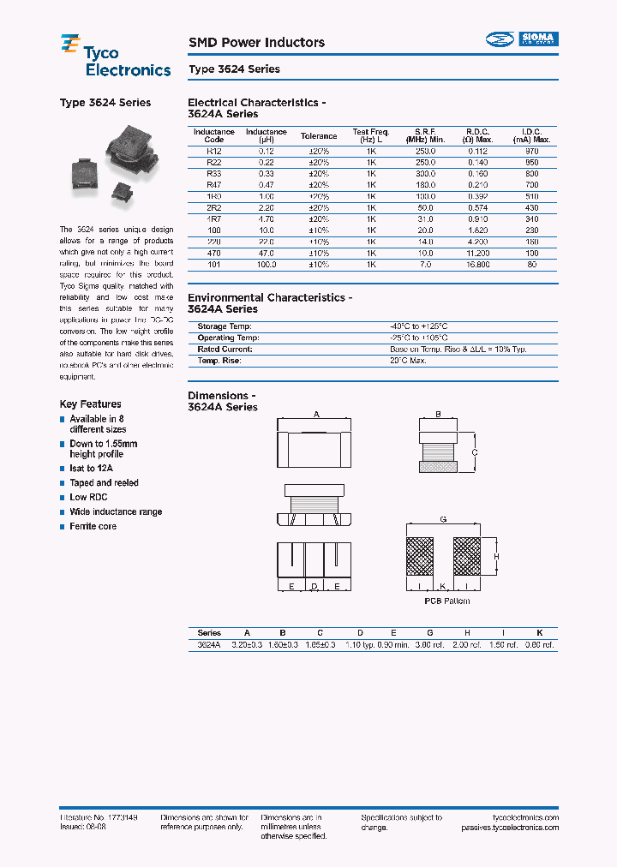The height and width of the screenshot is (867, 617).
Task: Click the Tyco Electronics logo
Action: click(x=115, y=56)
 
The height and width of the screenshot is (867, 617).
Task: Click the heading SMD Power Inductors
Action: click(x=256, y=42)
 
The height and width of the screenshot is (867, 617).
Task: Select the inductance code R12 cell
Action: click(x=213, y=150)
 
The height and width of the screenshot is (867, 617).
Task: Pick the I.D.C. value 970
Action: click(x=531, y=150)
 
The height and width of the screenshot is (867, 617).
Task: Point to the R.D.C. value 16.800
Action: click(x=477, y=265)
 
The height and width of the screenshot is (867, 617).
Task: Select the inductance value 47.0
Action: click(x=261, y=254)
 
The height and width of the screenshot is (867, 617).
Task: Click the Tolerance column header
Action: click(x=319, y=136)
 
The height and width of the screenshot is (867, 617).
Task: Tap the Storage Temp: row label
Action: click(x=225, y=327)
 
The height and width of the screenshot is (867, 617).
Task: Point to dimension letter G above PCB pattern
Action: click(x=442, y=520)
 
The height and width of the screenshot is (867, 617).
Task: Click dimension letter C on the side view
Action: click(x=475, y=451)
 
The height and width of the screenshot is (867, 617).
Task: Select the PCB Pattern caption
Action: click(x=446, y=601)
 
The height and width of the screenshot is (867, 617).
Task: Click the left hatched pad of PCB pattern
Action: click(x=420, y=556)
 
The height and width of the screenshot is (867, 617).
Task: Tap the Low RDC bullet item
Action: click(x=89, y=498)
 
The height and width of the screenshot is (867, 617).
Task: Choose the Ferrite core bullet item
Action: click(x=93, y=526)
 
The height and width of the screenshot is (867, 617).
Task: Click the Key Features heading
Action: click(x=90, y=404)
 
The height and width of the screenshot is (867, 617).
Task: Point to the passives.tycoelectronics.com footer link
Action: click(x=509, y=828)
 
